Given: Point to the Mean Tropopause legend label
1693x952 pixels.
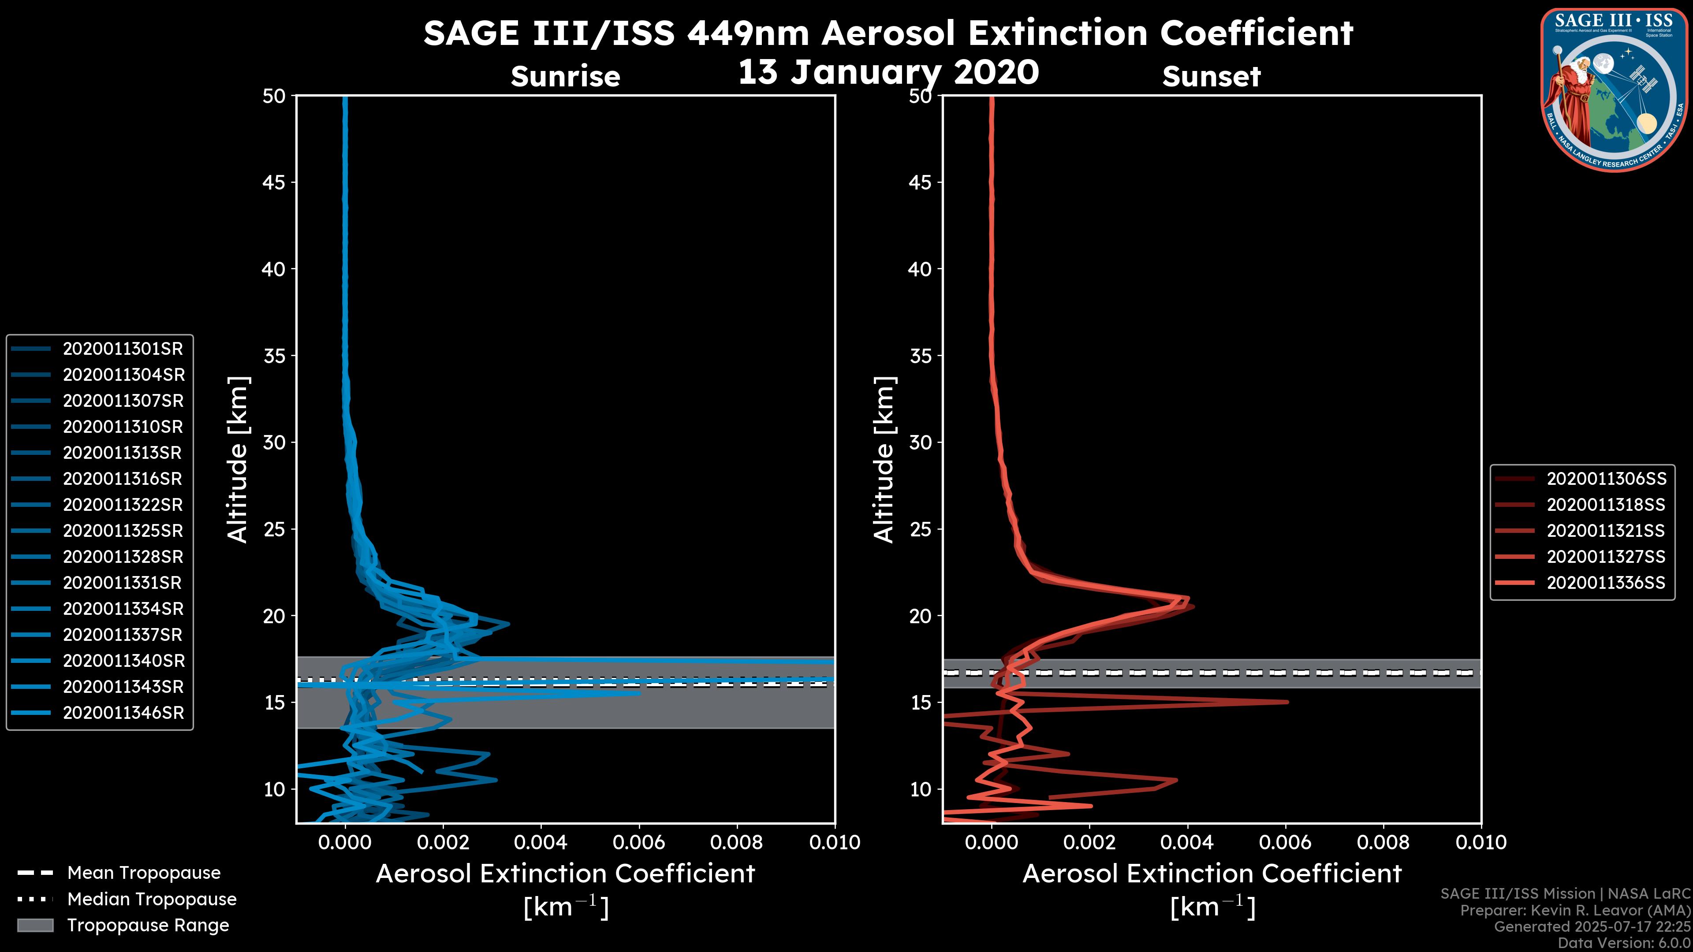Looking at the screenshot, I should point(144,873).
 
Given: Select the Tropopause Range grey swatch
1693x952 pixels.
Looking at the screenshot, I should point(35,925).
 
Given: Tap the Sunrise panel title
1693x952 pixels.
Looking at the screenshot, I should point(565,76).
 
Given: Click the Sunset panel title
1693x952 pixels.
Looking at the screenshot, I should point(1211,76).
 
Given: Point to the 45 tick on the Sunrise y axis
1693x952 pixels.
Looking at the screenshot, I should point(274,182).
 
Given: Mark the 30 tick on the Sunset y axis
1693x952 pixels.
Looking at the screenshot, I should point(921,442).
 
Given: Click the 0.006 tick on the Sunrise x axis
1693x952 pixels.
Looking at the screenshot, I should point(639,842).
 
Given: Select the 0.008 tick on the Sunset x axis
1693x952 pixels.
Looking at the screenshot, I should point(1383,842).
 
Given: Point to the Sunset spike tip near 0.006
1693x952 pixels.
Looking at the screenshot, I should point(1287,702).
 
